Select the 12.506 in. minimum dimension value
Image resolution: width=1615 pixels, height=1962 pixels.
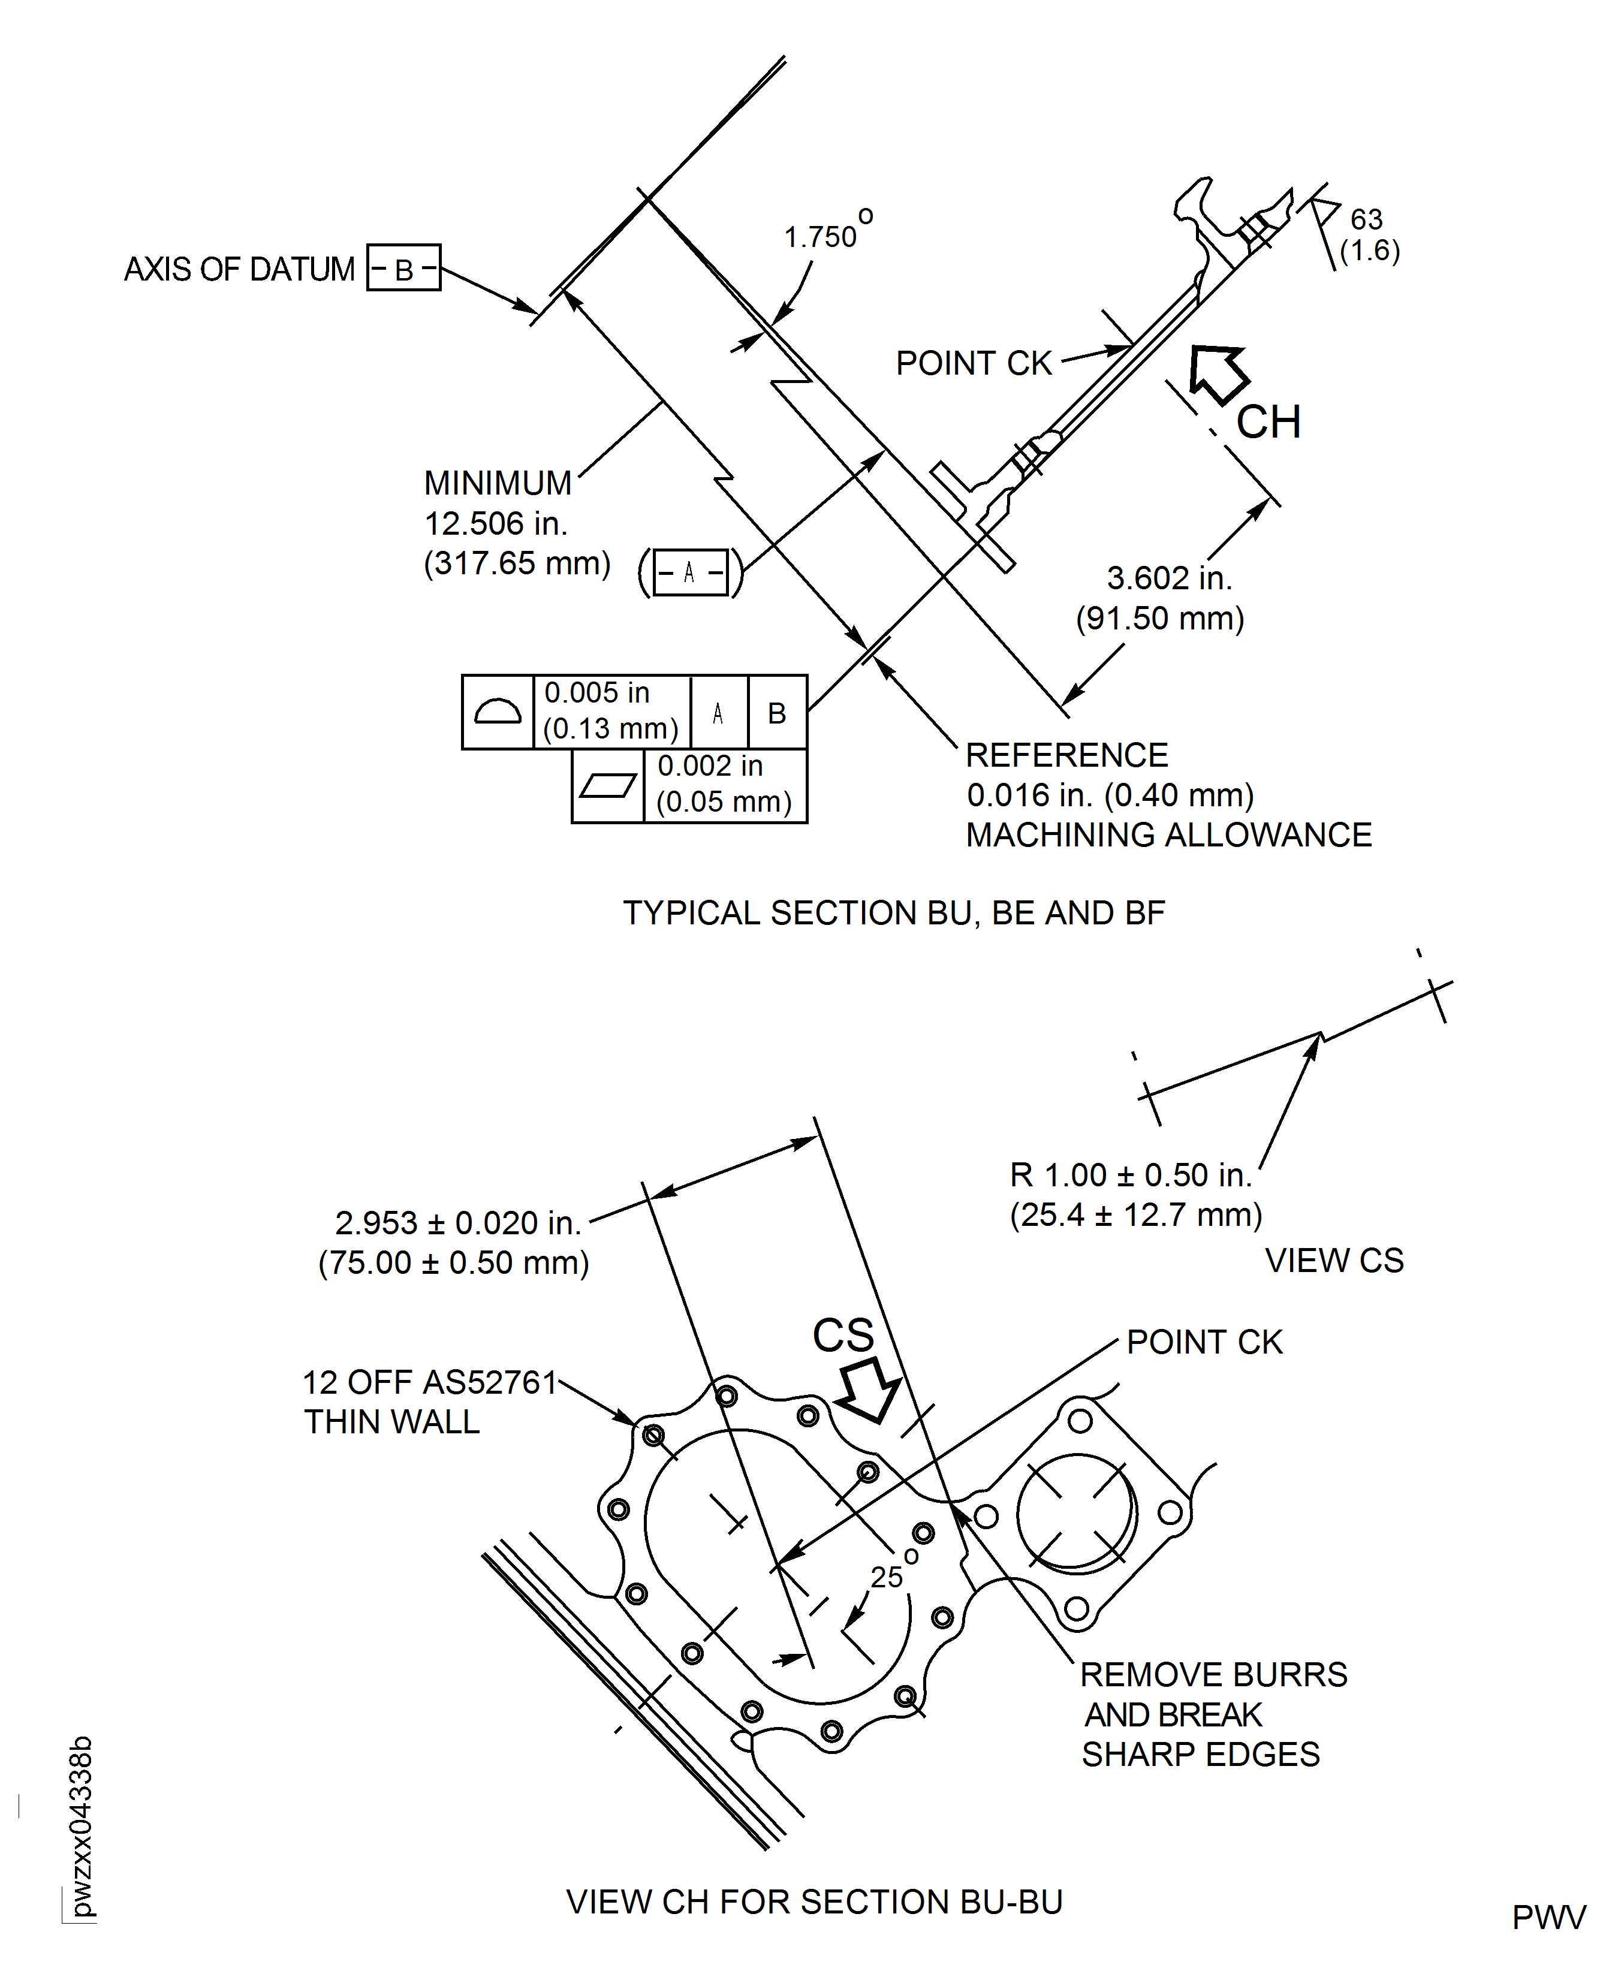point(495,524)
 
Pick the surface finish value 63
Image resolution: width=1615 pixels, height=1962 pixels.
point(1366,219)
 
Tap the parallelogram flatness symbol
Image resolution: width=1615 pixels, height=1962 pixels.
point(607,786)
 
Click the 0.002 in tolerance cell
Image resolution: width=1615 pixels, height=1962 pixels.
point(724,784)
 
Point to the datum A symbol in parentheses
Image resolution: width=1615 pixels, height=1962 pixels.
point(689,572)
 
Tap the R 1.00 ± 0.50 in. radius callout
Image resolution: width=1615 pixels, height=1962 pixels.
point(1130,1175)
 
